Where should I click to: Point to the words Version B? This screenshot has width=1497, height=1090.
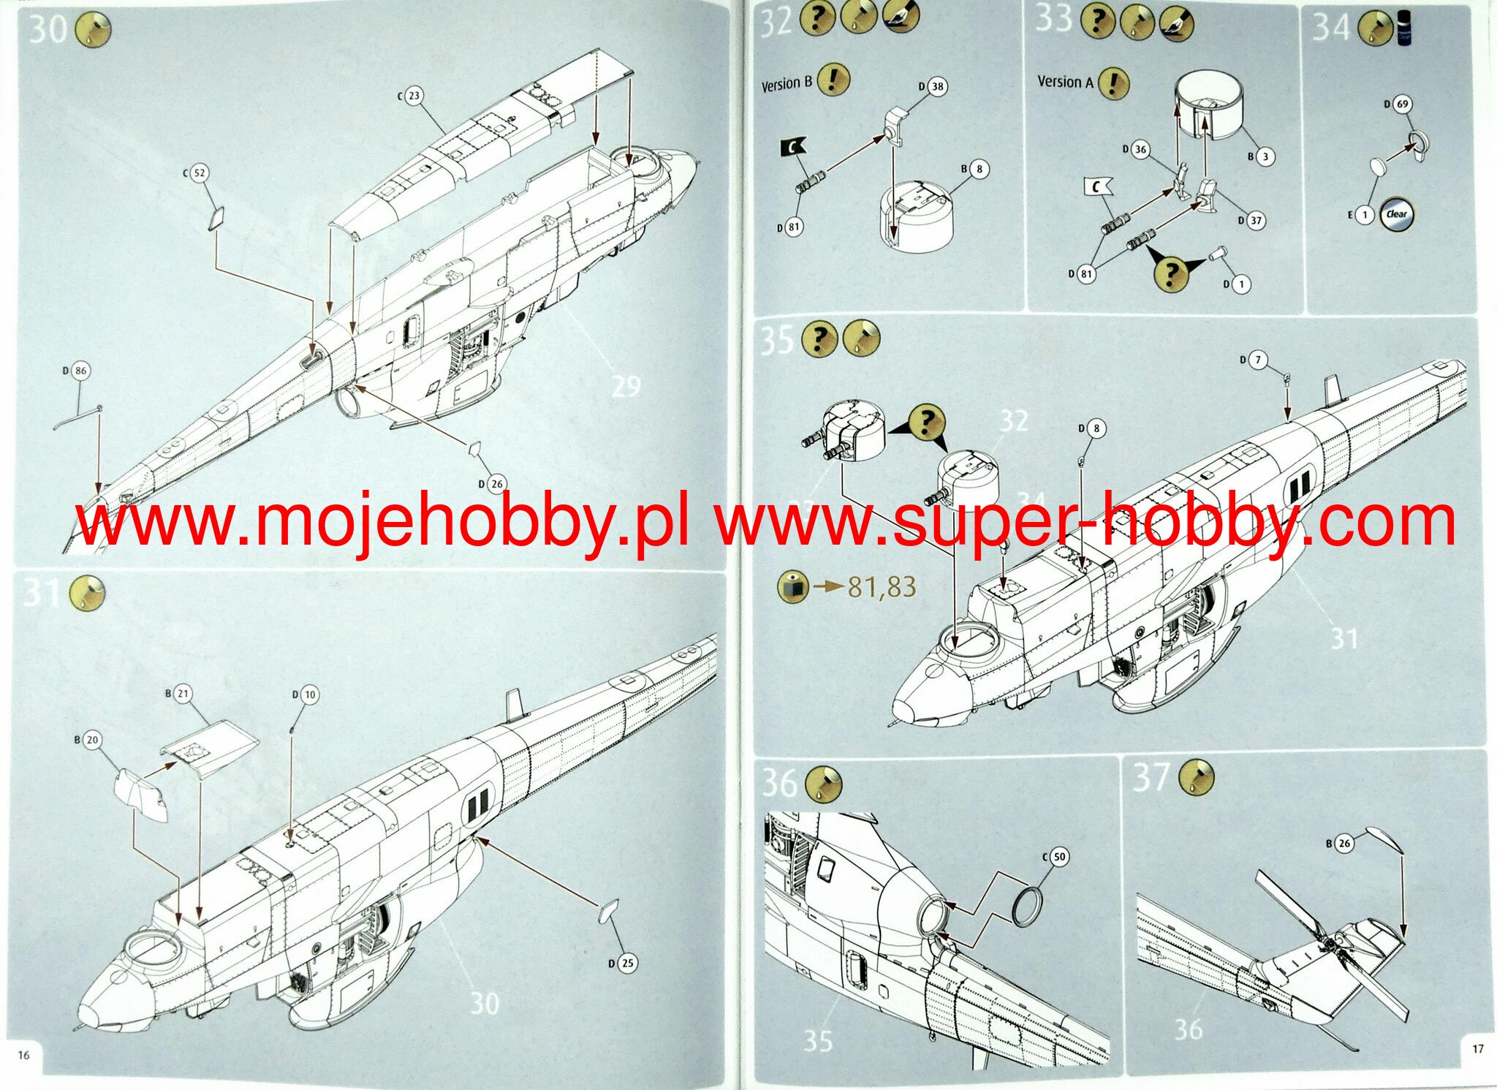click(787, 84)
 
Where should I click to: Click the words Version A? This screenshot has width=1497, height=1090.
click(1065, 82)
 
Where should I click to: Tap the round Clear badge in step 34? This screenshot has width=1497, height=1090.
click(1396, 214)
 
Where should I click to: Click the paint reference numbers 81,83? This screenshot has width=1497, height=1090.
click(882, 586)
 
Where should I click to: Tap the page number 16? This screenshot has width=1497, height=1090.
click(23, 1055)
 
